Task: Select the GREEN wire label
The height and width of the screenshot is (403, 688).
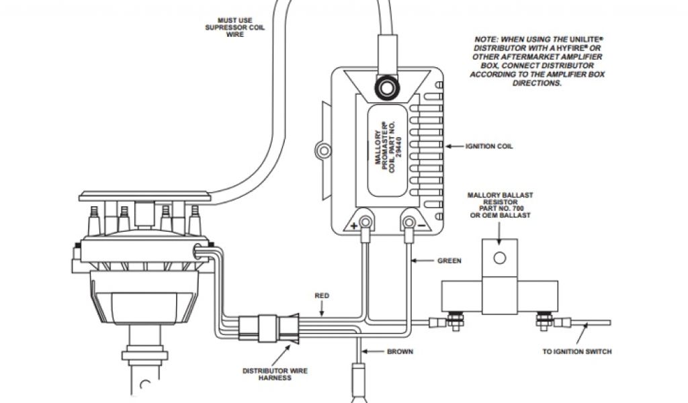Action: coord(449,260)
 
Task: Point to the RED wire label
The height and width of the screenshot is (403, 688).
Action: coord(322,295)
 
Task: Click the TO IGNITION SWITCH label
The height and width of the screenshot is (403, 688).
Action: coord(576,351)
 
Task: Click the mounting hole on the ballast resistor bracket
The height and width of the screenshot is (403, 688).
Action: coord(499,257)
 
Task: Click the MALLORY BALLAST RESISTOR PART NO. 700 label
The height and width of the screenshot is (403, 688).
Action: coord(500,205)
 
